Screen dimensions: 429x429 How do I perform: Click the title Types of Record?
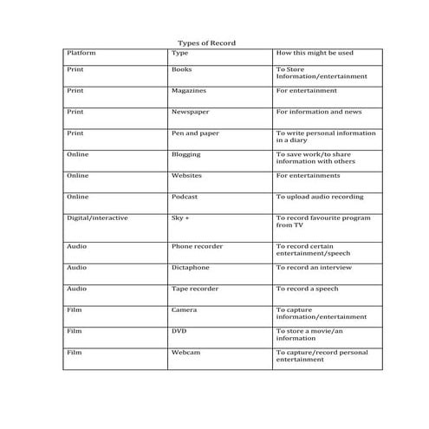(206, 42)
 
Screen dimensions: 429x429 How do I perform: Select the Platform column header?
(81, 53)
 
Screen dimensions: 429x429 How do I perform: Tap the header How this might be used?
(315, 53)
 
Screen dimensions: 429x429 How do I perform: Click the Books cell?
(182, 68)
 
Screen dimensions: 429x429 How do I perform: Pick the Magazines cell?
(189, 90)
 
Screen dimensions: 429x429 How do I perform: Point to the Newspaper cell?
(190, 112)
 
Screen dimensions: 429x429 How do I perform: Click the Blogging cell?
(186, 154)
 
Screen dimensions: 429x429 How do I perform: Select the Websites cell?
(187, 175)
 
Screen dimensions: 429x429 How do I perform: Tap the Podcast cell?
(185, 197)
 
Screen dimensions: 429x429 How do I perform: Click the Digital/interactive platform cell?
(97, 218)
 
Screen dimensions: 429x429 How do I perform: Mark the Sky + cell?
(180, 218)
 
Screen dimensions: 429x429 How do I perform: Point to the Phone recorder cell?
(197, 246)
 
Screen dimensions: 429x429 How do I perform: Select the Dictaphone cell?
(191, 268)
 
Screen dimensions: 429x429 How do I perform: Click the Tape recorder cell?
(195, 289)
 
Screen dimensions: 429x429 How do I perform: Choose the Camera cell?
(185, 309)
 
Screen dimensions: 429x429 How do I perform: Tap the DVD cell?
(179, 331)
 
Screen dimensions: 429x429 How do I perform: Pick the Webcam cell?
(185, 353)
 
